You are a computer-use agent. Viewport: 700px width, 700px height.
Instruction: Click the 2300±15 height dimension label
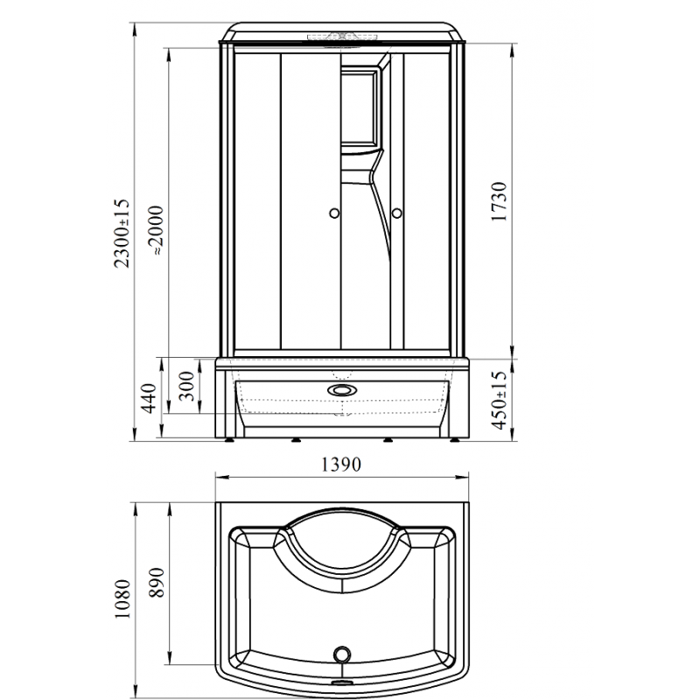click(x=122, y=234)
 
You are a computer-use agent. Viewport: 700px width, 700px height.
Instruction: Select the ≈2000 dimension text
click(x=157, y=230)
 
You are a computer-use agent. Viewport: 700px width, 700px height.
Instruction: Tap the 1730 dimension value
click(x=499, y=201)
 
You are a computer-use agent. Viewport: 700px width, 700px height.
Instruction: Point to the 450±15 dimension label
click(x=499, y=400)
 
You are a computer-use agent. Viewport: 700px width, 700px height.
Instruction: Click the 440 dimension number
click(x=149, y=398)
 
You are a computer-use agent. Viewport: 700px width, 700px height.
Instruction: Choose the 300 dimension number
click(x=186, y=386)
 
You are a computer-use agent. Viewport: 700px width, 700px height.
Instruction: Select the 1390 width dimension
click(x=341, y=465)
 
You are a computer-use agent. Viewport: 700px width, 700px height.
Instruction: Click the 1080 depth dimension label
click(x=122, y=599)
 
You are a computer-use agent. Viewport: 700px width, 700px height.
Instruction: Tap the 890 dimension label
click(x=157, y=583)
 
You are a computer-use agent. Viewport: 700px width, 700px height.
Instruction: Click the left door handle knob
click(x=334, y=213)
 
